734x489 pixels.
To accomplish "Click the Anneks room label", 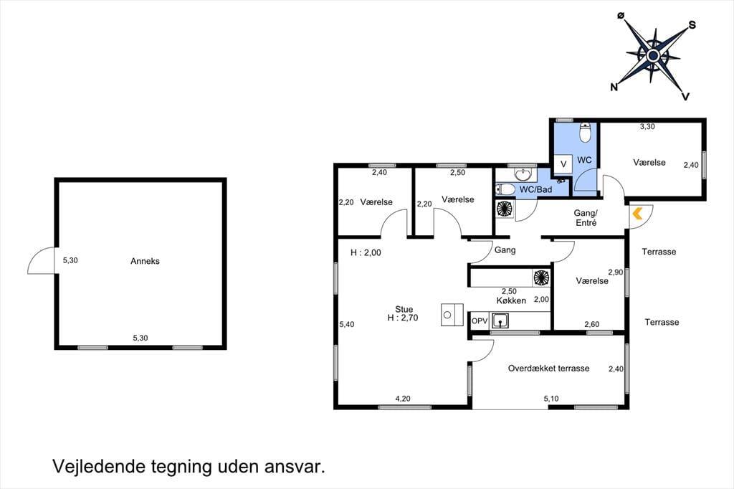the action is (145, 262).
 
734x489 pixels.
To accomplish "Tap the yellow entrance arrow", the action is (637, 214).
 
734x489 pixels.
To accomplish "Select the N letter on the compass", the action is (614, 87).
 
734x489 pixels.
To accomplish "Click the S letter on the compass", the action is (692, 25).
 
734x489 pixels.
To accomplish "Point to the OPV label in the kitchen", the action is (480, 321).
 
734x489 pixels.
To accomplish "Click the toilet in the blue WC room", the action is (585, 132).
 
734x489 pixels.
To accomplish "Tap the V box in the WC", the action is (563, 164).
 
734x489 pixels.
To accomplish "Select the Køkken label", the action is (511, 300).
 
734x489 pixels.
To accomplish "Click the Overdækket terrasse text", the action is (548, 368).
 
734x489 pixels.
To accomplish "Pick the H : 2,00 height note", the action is (366, 253).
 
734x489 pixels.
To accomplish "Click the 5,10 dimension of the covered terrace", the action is (551, 399).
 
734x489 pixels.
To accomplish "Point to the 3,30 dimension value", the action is (647, 126).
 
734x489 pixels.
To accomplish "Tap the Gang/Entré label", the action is (586, 218).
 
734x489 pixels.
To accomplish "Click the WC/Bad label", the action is (535, 190).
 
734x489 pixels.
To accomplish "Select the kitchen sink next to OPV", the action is (500, 321).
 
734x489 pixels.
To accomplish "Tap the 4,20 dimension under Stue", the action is (403, 399).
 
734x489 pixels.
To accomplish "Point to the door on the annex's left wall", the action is (42, 260).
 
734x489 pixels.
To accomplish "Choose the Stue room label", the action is (404, 309).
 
